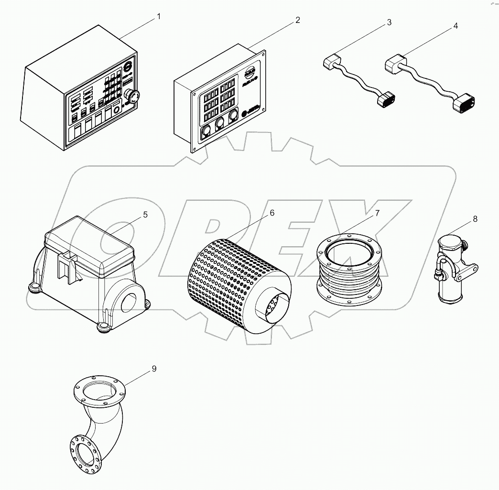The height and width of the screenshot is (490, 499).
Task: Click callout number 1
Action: pyautogui.click(x=159, y=16)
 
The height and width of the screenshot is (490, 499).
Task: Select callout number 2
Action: pyautogui.click(x=297, y=20)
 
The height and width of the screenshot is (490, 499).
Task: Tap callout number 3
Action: pyautogui.click(x=389, y=22)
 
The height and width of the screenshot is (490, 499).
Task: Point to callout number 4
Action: pyautogui.click(x=455, y=26)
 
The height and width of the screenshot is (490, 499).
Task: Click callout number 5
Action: pyautogui.click(x=145, y=215)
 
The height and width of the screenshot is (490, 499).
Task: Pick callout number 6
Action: pyautogui.click(x=271, y=213)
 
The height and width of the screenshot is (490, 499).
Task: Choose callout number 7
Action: pyautogui.click(x=377, y=213)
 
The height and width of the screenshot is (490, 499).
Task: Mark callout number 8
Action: pyautogui.click(x=475, y=219)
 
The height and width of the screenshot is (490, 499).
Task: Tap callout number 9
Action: pyautogui.click(x=154, y=369)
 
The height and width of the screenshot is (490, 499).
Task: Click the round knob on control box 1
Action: pyautogui.click(x=131, y=97)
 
